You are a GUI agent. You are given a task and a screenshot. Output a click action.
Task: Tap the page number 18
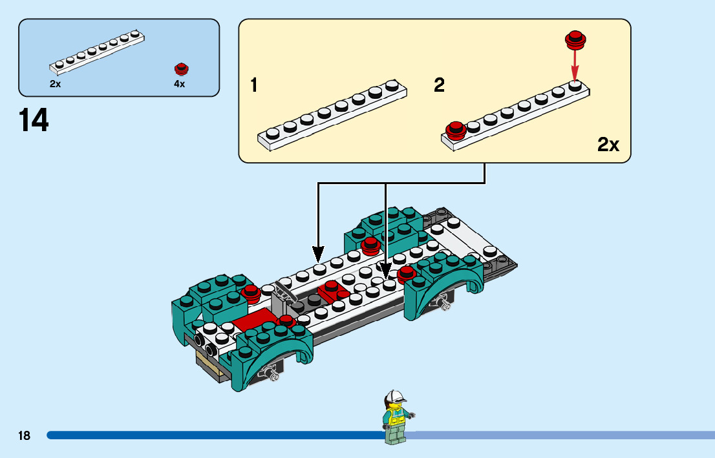click(25, 435)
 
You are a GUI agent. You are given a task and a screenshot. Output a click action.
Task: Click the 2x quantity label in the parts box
click(55, 84)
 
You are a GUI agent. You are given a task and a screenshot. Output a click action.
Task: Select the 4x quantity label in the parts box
click(179, 84)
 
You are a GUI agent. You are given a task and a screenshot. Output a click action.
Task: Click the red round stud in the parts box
click(181, 68)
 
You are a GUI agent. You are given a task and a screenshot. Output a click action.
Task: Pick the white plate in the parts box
click(97, 50)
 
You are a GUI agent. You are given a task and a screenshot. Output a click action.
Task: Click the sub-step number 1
click(254, 85)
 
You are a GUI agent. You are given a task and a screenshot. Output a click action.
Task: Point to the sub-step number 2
click(440, 85)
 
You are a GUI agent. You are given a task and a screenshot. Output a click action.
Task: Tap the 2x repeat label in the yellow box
click(608, 145)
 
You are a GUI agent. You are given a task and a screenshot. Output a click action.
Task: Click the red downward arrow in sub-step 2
click(575, 65)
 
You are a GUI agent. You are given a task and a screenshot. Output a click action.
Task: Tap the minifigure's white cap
click(395, 395)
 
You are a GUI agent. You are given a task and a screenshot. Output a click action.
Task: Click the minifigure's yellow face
click(395, 406)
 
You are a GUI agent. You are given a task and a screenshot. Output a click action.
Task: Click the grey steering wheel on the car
click(284, 291)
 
